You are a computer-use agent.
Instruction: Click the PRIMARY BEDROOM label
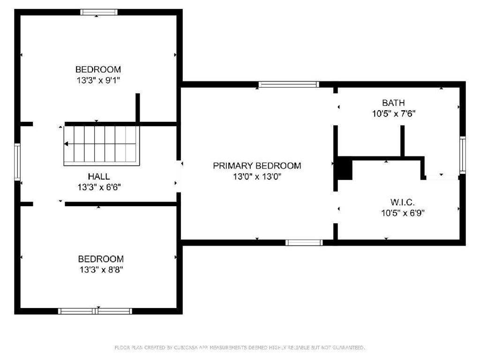(257, 165)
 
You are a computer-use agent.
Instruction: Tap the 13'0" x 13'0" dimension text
(257, 177)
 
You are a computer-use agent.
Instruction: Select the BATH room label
(393, 103)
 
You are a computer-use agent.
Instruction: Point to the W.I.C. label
(403, 202)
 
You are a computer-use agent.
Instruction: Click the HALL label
(98, 176)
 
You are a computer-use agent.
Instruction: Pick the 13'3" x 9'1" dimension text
(98, 80)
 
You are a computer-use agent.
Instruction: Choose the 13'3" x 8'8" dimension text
(101, 270)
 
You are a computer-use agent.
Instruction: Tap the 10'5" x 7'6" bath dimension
(393, 113)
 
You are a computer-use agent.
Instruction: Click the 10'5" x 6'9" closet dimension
(403, 213)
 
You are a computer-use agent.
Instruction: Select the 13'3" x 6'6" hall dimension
(99, 187)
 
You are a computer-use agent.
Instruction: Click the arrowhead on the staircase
(66, 144)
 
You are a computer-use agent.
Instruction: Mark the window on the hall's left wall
(17, 162)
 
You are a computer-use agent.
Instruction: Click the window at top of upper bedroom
(99, 12)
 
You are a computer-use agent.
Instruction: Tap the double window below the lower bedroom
(95, 311)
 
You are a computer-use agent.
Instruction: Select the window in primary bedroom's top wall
(289, 84)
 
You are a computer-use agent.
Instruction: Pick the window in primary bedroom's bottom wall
(304, 243)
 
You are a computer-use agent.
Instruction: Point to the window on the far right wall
(463, 155)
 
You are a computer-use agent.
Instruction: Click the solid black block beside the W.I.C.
(345, 168)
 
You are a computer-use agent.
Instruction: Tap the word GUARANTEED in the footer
(349, 347)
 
